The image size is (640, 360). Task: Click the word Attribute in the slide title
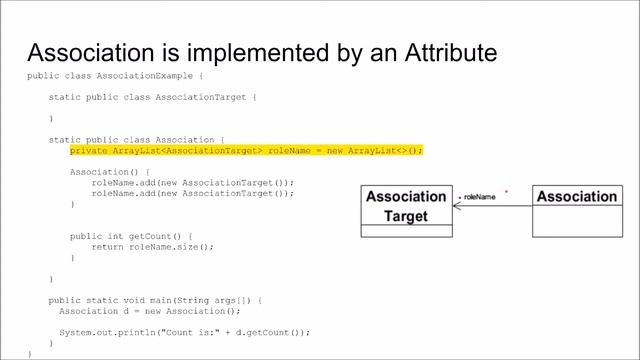441,52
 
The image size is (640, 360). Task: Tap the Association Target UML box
406,207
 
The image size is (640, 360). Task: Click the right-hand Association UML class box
577,197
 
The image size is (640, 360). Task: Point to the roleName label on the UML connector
479,197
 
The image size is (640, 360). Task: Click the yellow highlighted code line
246,150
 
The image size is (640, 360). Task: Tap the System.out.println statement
184,332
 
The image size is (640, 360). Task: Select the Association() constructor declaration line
106,172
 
